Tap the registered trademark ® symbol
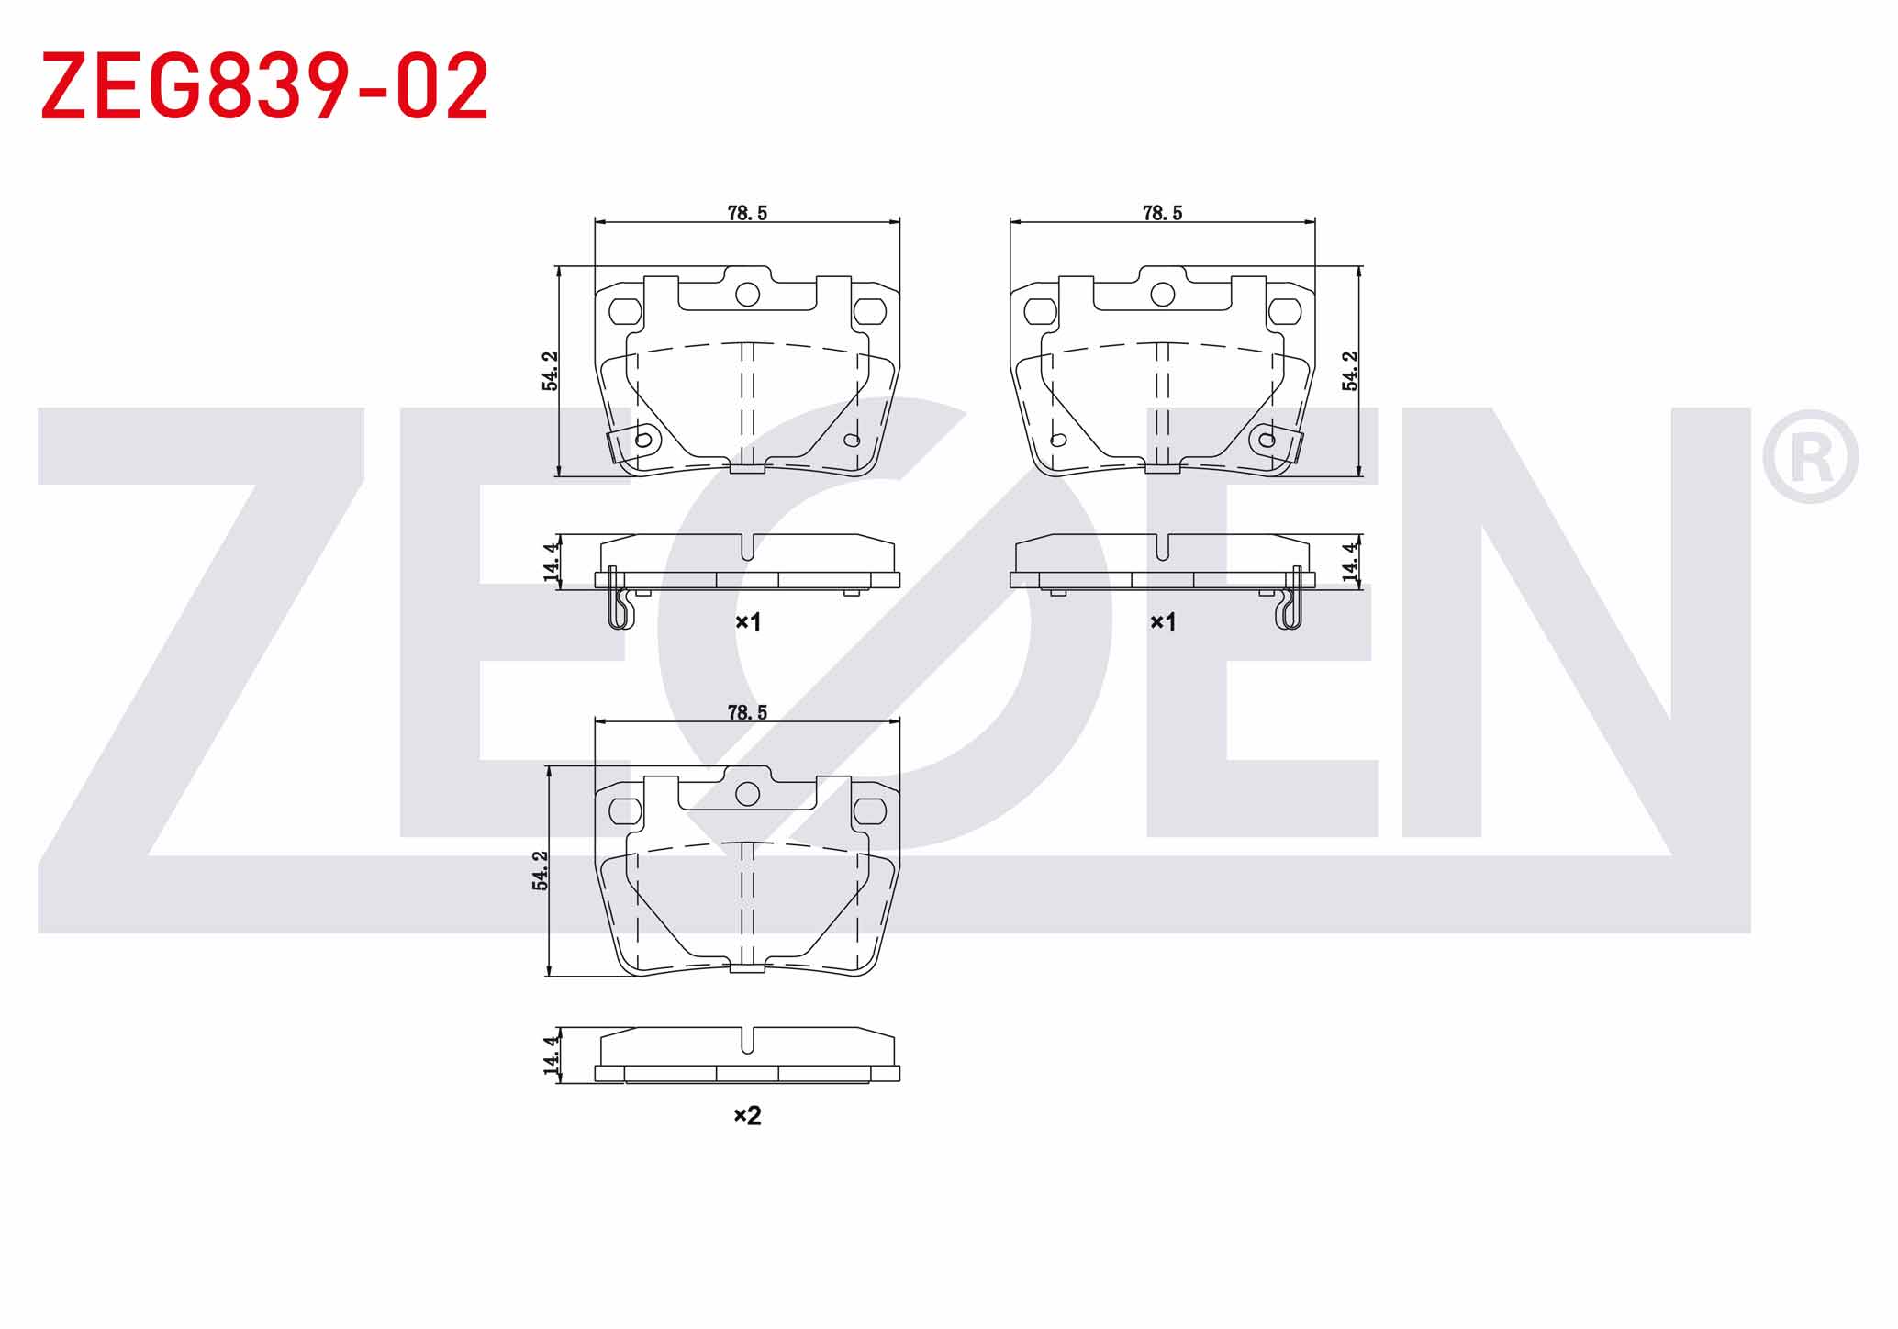coord(1810,456)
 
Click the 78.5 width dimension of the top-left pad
coord(747,213)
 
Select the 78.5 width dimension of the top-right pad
coord(1162,213)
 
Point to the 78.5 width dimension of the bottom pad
coord(747,712)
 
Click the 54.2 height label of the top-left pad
coord(550,371)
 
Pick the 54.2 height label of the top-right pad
coord(1350,371)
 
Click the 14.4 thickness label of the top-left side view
coord(551,562)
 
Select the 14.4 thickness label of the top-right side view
coord(1349,562)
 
